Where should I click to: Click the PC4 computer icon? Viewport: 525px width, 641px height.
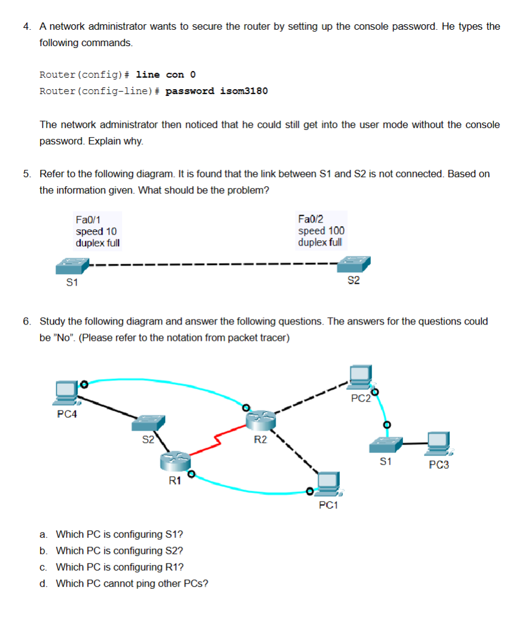[x=65, y=393]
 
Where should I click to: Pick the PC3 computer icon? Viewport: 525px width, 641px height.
[x=438, y=444]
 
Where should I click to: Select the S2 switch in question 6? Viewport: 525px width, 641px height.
[x=149, y=422]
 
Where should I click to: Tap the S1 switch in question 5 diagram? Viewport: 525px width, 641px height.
[x=72, y=266]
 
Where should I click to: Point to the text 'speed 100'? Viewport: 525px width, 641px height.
[x=321, y=230]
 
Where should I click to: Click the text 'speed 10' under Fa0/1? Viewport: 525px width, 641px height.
[x=96, y=231]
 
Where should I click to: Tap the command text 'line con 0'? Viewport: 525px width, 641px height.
[x=166, y=75]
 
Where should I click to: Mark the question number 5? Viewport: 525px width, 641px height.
[x=27, y=174]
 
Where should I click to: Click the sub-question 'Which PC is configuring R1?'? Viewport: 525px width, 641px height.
[x=120, y=567]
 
